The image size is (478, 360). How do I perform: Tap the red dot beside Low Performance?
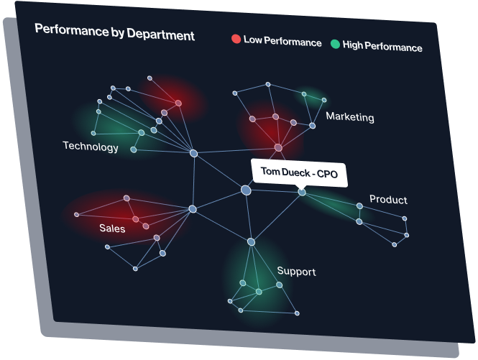pos(236,40)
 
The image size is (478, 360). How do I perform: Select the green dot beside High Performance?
pos(335,45)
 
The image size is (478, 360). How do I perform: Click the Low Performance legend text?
pos(282,42)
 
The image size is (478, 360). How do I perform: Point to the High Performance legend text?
pos(382,47)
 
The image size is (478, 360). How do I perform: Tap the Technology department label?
pos(91,147)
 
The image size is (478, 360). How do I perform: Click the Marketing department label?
pos(349,116)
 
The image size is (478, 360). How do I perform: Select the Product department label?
pos(388,199)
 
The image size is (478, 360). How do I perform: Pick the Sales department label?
pos(112,229)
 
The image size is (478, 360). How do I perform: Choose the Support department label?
pos(296,272)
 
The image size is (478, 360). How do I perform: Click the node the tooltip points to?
pos(302,192)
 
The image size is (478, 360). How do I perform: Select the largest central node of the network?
pos(246,190)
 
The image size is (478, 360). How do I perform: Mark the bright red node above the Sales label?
pos(135,219)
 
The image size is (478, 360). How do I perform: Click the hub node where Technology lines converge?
pos(193,153)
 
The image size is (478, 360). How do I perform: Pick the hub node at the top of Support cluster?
pos(251,242)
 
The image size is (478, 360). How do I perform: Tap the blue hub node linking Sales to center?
pos(193,209)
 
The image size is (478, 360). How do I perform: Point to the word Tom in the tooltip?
pos(270,172)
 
